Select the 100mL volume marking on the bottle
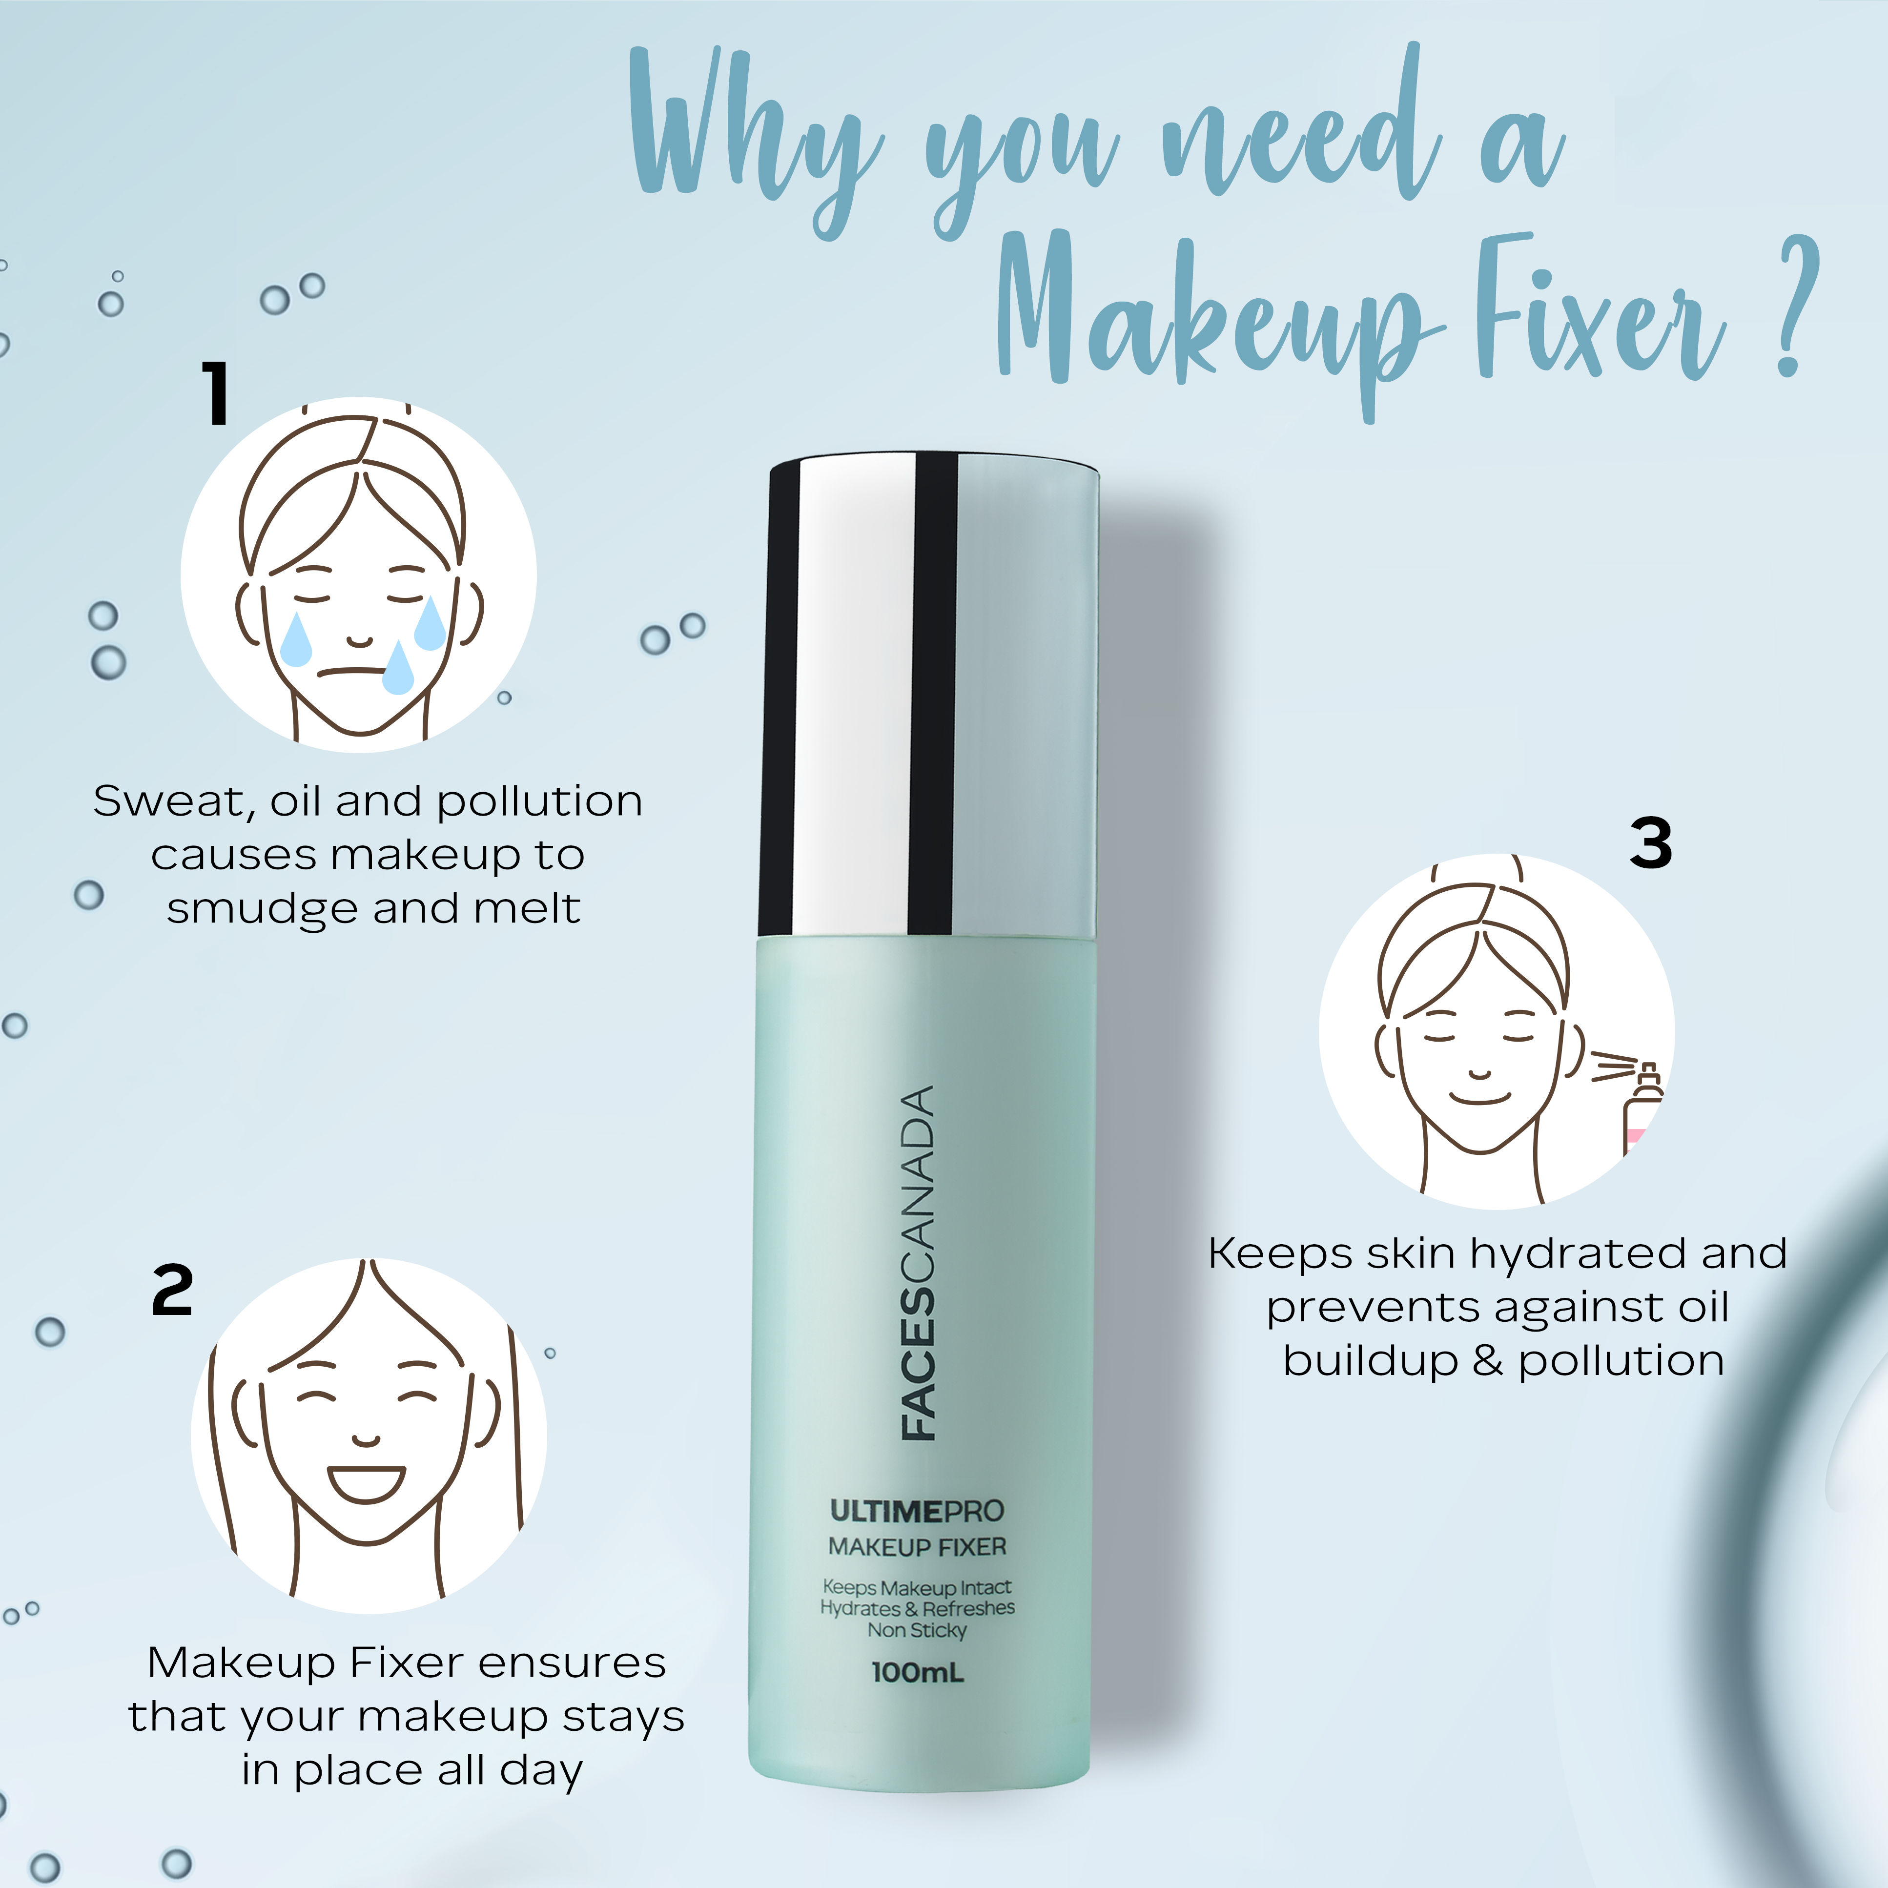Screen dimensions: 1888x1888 (x=917, y=1672)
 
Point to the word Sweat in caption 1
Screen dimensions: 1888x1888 (x=174, y=801)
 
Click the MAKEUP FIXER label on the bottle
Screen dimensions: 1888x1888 (x=917, y=1547)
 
